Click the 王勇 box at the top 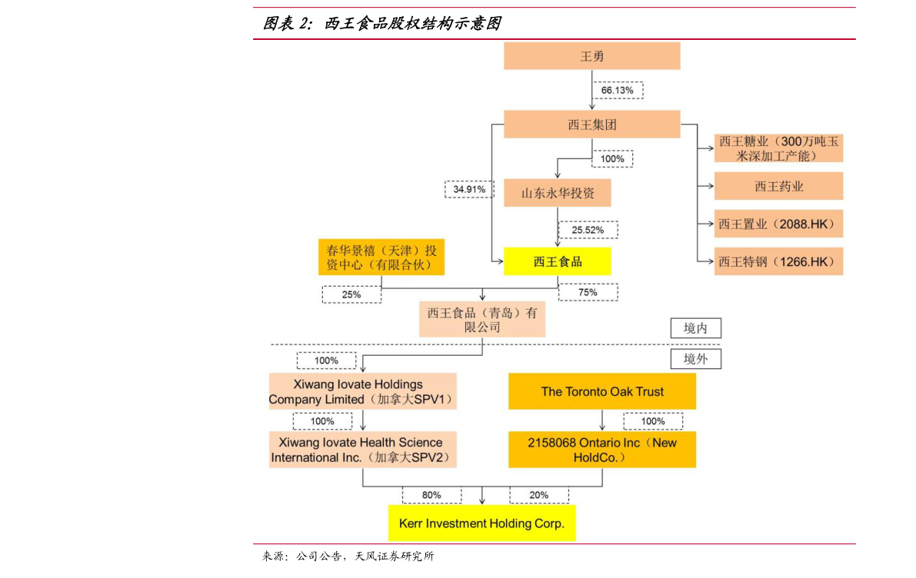(x=591, y=56)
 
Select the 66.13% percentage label (x=618, y=91)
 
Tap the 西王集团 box (x=591, y=124)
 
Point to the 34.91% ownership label (x=468, y=189)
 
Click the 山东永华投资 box (x=557, y=193)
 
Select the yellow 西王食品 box (x=557, y=261)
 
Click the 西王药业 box (x=778, y=186)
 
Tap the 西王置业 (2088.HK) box (x=778, y=224)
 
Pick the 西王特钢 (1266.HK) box (x=778, y=261)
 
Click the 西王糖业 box (x=778, y=148)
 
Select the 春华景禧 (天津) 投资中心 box (x=381, y=257)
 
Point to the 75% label (x=588, y=292)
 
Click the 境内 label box (x=695, y=328)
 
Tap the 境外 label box (x=695, y=358)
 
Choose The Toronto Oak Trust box (x=601, y=391)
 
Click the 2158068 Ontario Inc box (x=601, y=450)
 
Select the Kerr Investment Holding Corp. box (x=481, y=523)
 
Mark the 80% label (x=431, y=495)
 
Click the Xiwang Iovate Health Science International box (x=361, y=450)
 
